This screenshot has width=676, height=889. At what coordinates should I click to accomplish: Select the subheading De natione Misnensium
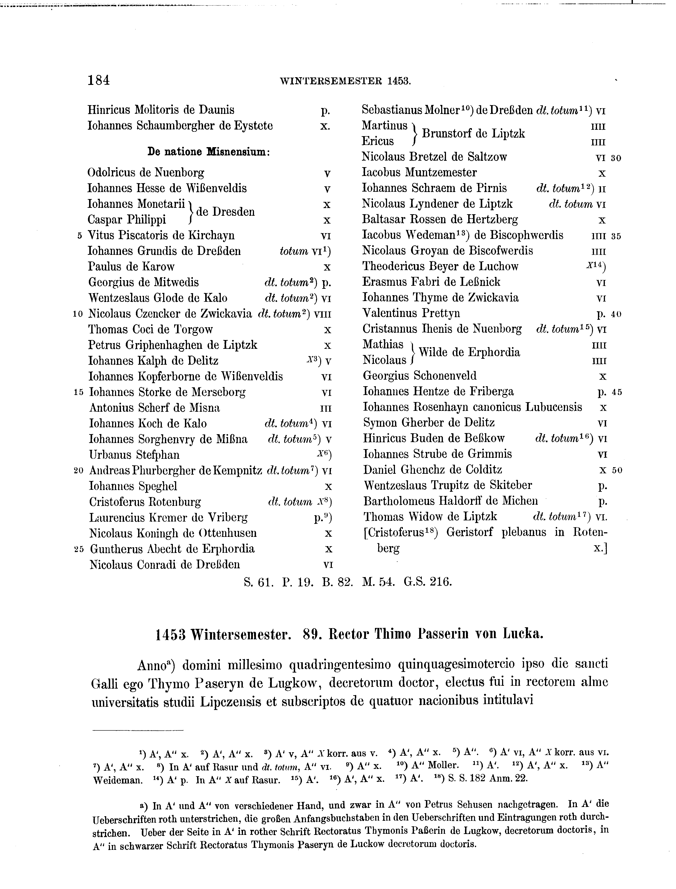(208, 152)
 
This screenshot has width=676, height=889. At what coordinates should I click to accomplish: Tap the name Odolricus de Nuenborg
(146, 173)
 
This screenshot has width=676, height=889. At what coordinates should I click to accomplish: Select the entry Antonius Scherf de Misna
(154, 408)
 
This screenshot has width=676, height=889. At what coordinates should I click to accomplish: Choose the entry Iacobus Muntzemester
(419, 173)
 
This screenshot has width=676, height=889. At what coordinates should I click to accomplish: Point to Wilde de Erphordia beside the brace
(469, 353)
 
